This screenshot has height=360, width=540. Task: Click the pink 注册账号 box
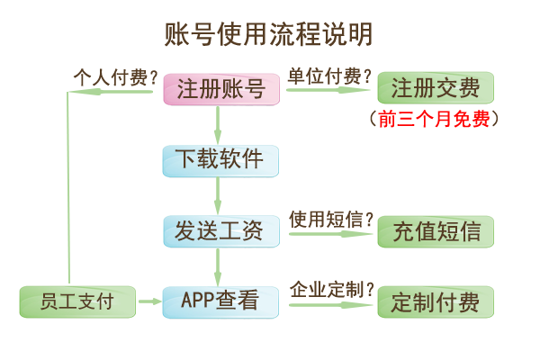(220, 89)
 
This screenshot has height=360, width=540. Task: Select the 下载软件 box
(220, 160)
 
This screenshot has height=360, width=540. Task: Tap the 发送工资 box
(220, 230)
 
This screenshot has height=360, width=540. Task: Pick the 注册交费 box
(436, 89)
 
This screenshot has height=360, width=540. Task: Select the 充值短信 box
(436, 230)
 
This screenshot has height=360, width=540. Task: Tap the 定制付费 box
(436, 301)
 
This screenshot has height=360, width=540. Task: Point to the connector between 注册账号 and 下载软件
(218, 125)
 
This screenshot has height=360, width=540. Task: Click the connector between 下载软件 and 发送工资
(218, 196)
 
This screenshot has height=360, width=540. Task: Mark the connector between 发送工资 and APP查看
(218, 266)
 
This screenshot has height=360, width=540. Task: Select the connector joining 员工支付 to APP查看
(148, 301)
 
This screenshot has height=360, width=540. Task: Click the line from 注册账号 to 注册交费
(328, 90)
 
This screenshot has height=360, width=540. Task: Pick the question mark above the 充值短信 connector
(369, 219)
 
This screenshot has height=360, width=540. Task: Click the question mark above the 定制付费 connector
(369, 289)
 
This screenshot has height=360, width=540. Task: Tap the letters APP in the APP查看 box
(197, 301)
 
